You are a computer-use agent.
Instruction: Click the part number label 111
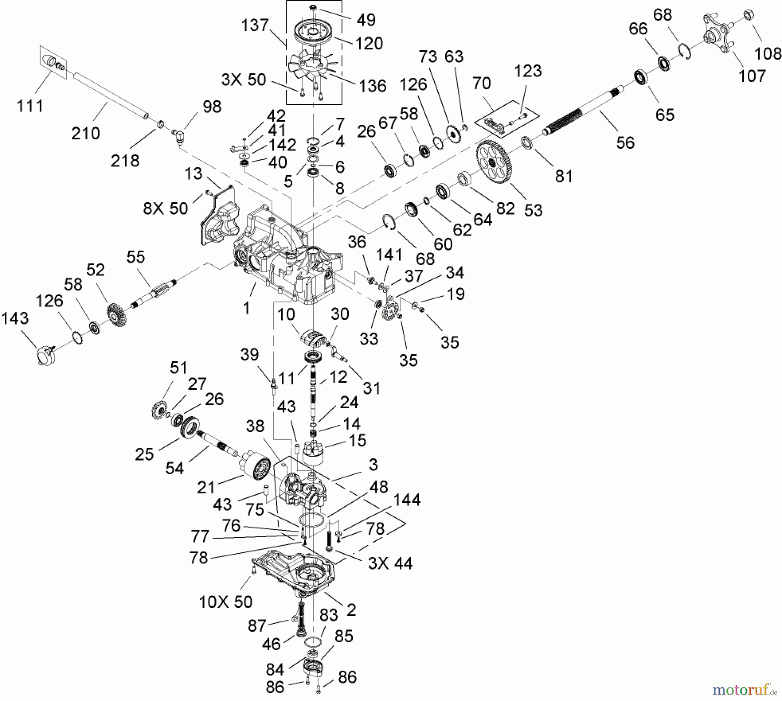(x=30, y=106)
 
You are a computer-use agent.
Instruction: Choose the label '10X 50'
(x=225, y=602)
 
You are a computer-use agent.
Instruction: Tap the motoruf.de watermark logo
(x=744, y=689)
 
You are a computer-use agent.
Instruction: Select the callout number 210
(x=86, y=133)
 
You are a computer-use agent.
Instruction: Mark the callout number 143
(x=15, y=318)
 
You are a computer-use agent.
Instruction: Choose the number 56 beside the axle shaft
(x=625, y=142)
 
